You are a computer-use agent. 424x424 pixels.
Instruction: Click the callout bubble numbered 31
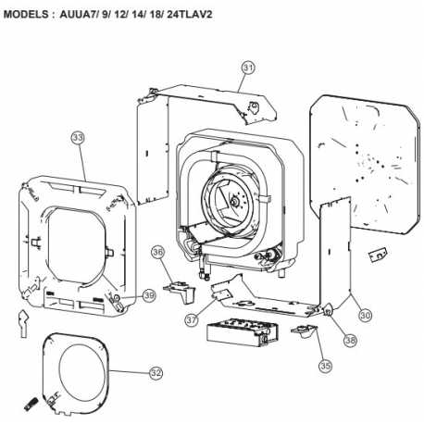pyautogui.click(x=248, y=68)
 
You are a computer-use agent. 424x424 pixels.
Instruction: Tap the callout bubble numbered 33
pyautogui.click(x=78, y=138)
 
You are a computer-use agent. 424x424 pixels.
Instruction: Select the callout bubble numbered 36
pyautogui.click(x=157, y=253)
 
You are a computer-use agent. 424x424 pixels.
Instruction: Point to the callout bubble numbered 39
pyautogui.click(x=149, y=295)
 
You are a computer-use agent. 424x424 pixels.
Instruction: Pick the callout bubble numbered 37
pyautogui.click(x=192, y=319)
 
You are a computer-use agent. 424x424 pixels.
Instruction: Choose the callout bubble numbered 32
pyautogui.click(x=156, y=373)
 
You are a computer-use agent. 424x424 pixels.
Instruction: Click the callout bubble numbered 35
pyautogui.click(x=325, y=366)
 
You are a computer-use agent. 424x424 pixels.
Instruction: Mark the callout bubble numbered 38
pyautogui.click(x=350, y=340)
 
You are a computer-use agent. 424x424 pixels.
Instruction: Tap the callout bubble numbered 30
pyautogui.click(x=365, y=315)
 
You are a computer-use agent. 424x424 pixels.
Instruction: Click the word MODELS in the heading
pyautogui.click(x=26, y=15)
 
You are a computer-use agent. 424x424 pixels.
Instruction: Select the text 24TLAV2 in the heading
pyautogui.click(x=190, y=15)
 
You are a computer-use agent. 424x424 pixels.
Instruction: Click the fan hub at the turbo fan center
pyautogui.click(x=235, y=202)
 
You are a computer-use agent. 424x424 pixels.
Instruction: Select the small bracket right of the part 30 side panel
pyautogui.click(x=378, y=255)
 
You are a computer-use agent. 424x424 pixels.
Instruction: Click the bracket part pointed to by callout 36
pyautogui.click(x=180, y=292)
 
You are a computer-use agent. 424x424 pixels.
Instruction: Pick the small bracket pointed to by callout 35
pyautogui.click(x=304, y=330)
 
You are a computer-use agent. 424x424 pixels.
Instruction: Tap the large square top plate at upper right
pyautogui.click(x=365, y=165)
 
